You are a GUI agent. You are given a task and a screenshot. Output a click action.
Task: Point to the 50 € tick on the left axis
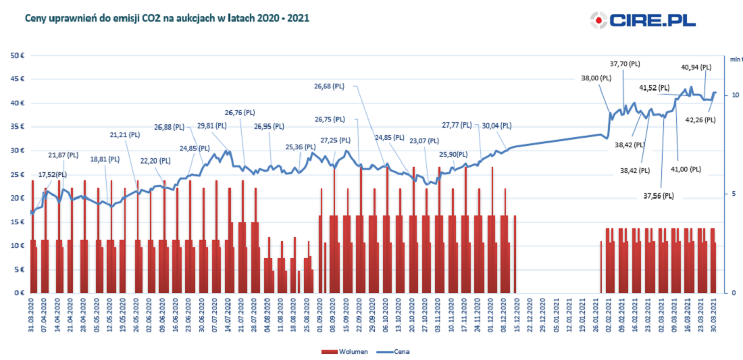[17, 55]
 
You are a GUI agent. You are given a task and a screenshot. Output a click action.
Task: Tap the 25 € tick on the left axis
[17, 174]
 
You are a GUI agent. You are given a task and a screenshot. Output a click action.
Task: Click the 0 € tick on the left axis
[19, 293]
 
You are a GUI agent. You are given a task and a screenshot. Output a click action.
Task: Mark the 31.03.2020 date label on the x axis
[32, 315]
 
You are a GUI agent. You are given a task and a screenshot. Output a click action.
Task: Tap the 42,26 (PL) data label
[700, 120]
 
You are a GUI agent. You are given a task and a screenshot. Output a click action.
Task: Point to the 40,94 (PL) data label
[696, 67]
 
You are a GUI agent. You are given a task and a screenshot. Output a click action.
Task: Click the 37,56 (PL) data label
[659, 196]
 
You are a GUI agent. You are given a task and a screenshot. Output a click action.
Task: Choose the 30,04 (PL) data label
[496, 125]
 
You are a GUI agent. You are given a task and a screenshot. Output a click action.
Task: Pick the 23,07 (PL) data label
[424, 140]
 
